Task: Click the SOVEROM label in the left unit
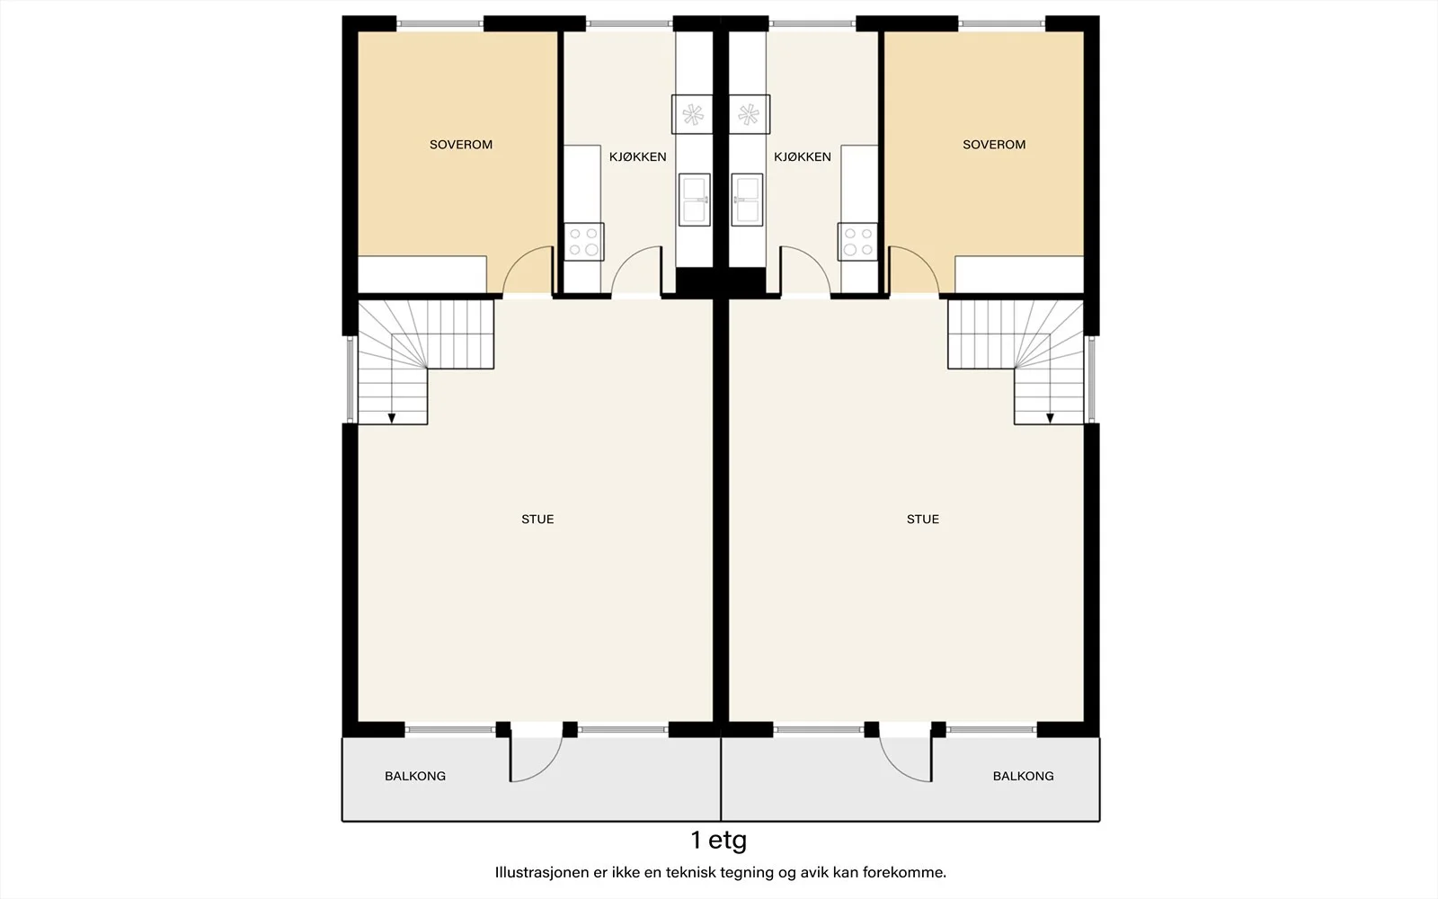tap(461, 145)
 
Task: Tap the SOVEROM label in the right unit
tap(994, 145)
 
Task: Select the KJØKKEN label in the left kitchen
tap(637, 156)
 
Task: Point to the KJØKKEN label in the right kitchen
tap(803, 156)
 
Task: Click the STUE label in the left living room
tap(537, 519)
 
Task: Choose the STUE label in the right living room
tap(922, 519)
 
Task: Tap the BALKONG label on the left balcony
tap(414, 776)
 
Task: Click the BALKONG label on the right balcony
tap(1024, 776)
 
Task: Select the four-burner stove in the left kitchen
tap(583, 242)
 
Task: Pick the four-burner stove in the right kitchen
tap(857, 242)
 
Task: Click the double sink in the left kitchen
tap(695, 200)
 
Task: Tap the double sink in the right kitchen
tap(747, 200)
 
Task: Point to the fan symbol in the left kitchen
tap(693, 115)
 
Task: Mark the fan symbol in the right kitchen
tap(749, 115)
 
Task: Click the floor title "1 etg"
tap(719, 841)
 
